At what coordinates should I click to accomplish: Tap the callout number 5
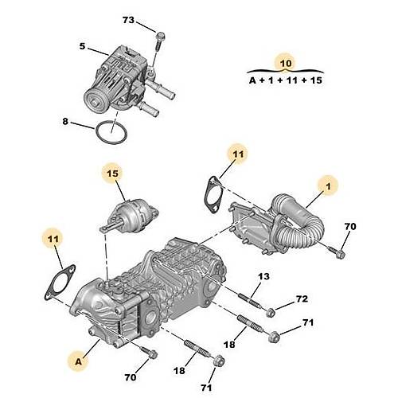click(x=82, y=47)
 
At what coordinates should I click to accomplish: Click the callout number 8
click(x=65, y=122)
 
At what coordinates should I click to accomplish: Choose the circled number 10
click(x=285, y=62)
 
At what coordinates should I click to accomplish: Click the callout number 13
click(x=263, y=275)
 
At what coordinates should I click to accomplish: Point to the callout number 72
click(x=302, y=298)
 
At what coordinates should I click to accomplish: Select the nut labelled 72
click(x=271, y=310)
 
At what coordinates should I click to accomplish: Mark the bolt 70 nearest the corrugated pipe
click(x=338, y=254)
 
